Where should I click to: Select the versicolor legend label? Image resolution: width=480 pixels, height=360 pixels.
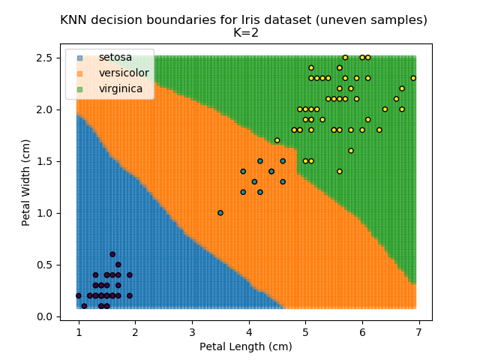tap(124, 73)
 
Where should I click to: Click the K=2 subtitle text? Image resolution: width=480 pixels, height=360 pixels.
tap(244, 33)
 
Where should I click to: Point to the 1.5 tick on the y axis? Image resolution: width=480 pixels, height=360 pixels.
tap(43, 161)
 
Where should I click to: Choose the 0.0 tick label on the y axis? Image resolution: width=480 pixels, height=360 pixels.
tap(43, 316)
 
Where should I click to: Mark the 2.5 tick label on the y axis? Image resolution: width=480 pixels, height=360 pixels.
tap(43, 58)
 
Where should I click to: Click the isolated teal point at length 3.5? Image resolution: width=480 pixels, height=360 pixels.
tap(220, 213)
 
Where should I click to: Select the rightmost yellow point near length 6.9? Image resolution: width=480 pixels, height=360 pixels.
tap(413, 78)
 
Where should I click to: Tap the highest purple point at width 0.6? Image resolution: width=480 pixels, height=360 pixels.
tap(112, 254)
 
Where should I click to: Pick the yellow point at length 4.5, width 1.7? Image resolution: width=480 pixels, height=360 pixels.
tap(277, 140)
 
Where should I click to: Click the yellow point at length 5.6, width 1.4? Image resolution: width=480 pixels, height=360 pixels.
tap(340, 172)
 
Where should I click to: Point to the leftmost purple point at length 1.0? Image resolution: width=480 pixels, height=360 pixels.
tap(79, 295)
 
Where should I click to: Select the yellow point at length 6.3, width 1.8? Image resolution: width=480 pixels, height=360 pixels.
tap(379, 130)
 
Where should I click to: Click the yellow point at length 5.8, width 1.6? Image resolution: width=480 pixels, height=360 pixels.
tap(351, 151)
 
